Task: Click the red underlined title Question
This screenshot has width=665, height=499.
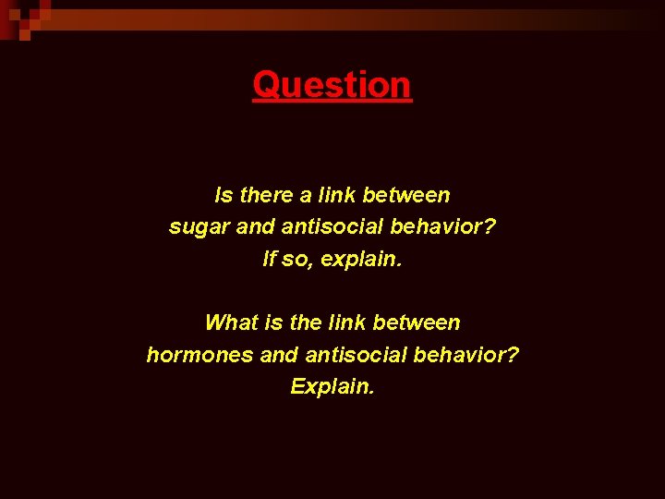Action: (332, 85)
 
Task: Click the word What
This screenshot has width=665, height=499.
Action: (230, 323)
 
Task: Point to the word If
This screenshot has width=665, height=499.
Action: (270, 260)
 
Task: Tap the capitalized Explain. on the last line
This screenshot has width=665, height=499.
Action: (332, 386)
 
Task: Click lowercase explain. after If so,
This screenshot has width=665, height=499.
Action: (360, 260)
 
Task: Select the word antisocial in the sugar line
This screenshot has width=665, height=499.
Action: (324, 227)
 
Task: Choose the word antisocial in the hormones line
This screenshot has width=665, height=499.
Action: (348, 355)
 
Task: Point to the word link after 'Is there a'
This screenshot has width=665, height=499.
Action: (338, 195)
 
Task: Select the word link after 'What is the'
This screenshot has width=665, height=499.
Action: (347, 323)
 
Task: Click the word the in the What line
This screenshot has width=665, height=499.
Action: (305, 323)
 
